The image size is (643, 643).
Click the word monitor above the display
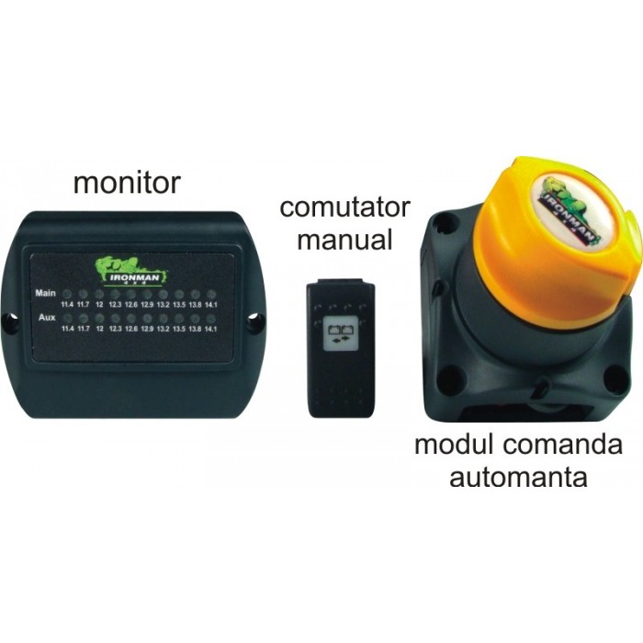point(127,182)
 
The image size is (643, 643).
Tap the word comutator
point(344,208)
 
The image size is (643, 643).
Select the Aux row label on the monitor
point(44,317)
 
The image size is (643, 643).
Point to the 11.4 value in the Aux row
point(67,328)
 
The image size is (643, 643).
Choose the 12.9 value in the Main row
point(147,303)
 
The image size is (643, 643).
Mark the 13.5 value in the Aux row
point(179,328)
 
